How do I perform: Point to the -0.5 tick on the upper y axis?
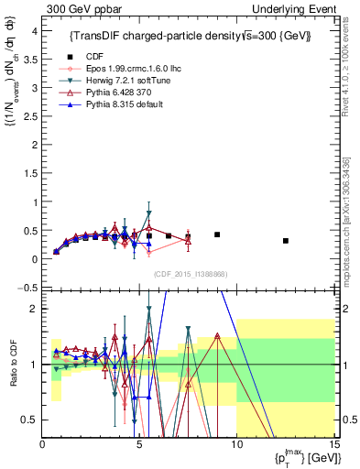[x=28, y=288]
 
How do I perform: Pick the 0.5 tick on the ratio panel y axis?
[x=32, y=420]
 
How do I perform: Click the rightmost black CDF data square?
[x=286, y=241]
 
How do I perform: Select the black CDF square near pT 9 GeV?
[x=217, y=234]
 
